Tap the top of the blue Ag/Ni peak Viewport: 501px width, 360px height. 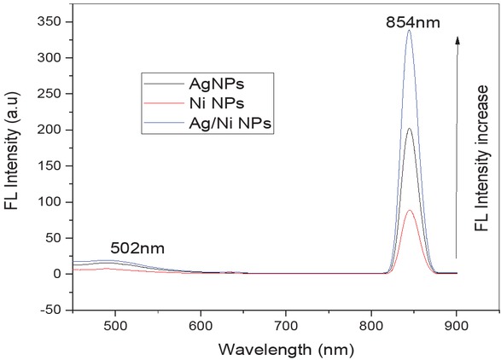pyautogui.click(x=410, y=31)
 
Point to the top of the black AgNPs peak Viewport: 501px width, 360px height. pyautogui.click(x=410, y=129)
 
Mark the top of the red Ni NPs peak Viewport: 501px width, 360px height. pyautogui.click(x=410, y=211)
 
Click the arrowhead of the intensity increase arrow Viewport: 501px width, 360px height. pyautogui.click(x=457, y=38)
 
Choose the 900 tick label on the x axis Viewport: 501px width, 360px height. pyautogui.click(x=457, y=324)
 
